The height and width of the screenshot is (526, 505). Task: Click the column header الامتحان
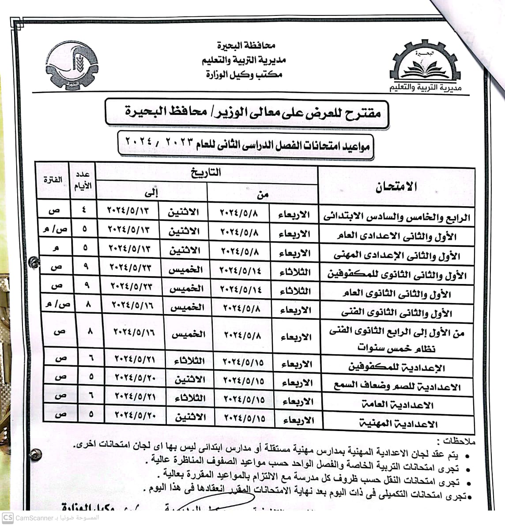coord(396,186)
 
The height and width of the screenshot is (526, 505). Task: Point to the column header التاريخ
coord(206,173)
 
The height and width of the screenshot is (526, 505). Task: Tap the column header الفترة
coord(53,180)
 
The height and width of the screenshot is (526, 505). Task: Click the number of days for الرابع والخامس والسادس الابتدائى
coord(84,211)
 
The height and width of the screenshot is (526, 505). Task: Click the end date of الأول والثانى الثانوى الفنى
coord(132,305)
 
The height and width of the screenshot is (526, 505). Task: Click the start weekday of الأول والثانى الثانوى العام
coord(295,291)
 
